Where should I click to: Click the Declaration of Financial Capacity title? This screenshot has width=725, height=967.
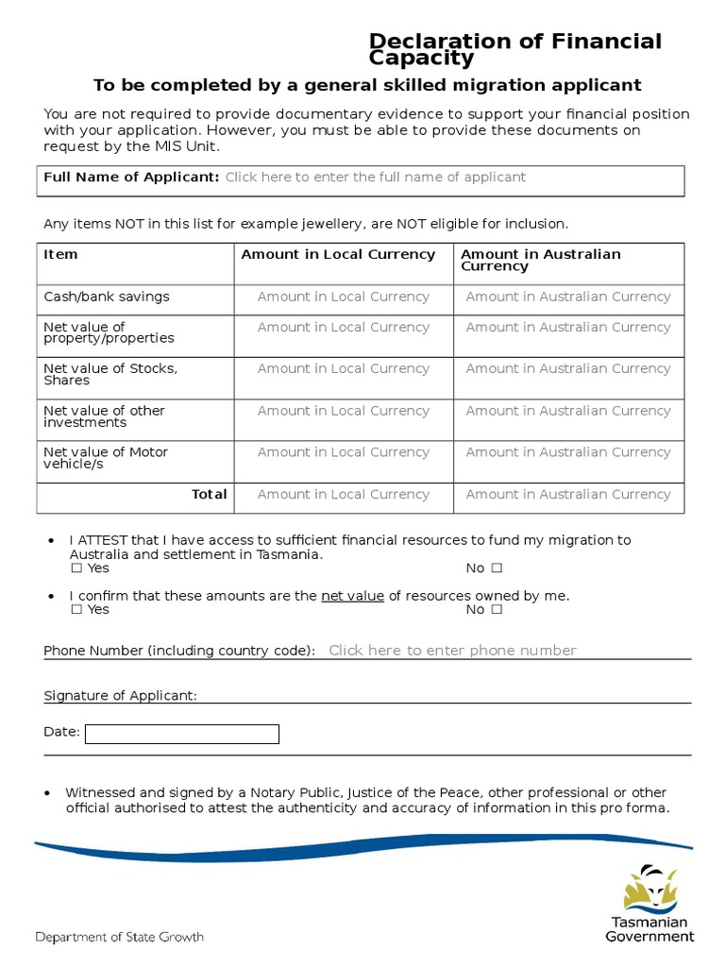pyautogui.click(x=515, y=49)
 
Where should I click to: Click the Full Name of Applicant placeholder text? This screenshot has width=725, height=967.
pyautogui.click(x=375, y=178)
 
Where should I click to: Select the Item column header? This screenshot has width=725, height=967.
pyautogui.click(x=61, y=255)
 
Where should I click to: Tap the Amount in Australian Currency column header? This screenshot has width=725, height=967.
pyautogui.click(x=540, y=260)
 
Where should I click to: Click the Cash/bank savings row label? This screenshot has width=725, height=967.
pyautogui.click(x=107, y=297)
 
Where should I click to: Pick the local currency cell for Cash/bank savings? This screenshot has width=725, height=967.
pyautogui.click(x=343, y=297)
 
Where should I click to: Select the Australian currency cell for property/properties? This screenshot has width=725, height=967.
pyautogui.click(x=568, y=328)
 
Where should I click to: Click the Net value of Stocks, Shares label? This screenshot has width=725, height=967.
pyautogui.click(x=110, y=374)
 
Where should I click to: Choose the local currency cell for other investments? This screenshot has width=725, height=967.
pyautogui.click(x=343, y=411)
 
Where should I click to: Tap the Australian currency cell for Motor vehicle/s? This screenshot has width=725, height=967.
pyautogui.click(x=568, y=452)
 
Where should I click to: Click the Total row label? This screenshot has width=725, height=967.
pyautogui.click(x=209, y=494)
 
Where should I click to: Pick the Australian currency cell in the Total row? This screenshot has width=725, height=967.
pyautogui.click(x=568, y=494)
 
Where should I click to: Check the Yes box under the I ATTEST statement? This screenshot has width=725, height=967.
pyautogui.click(x=76, y=568)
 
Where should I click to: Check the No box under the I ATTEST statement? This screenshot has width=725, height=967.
pyautogui.click(x=497, y=568)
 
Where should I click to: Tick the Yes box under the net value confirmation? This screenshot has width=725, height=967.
pyautogui.click(x=76, y=610)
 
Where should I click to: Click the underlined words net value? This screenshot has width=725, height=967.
pyautogui.click(x=352, y=596)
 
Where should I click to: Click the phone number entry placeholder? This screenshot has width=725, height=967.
pyautogui.click(x=452, y=650)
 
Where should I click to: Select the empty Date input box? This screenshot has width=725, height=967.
pyautogui.click(x=182, y=734)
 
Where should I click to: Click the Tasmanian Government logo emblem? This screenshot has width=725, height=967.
pyautogui.click(x=649, y=889)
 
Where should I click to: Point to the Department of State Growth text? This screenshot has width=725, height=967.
pyautogui.click(x=119, y=938)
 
